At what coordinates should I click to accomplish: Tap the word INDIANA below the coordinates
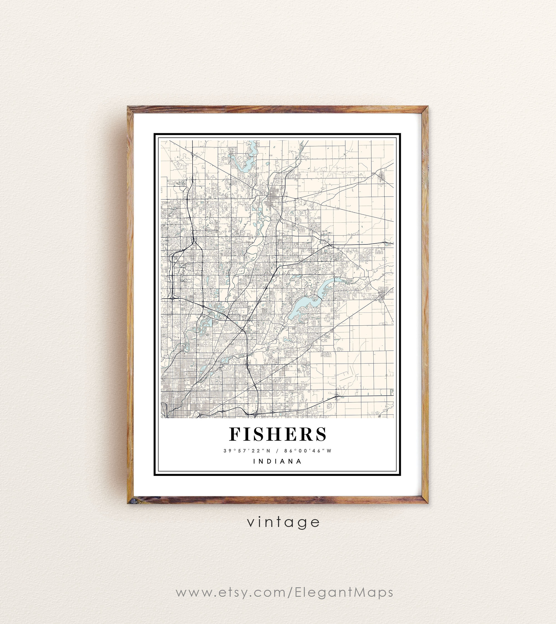(x=278, y=461)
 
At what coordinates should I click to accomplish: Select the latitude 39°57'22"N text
(x=247, y=451)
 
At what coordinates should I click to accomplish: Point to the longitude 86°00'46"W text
(x=308, y=451)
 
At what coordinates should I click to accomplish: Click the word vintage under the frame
(x=284, y=522)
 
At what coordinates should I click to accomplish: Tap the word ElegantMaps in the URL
(x=344, y=592)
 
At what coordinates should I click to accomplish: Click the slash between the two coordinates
(x=277, y=451)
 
